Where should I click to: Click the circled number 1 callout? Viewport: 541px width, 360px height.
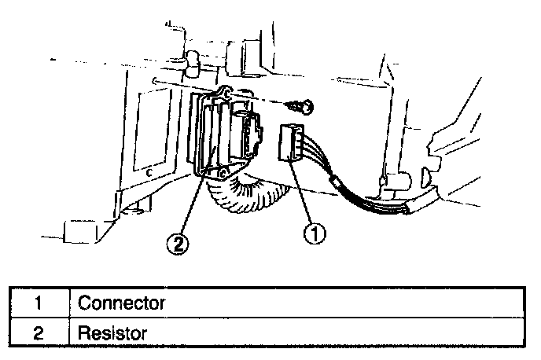point(315,233)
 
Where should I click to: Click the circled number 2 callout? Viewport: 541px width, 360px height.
point(180,244)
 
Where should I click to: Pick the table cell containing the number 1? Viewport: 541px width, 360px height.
point(37,302)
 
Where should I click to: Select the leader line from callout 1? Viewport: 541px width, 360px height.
point(305,197)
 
